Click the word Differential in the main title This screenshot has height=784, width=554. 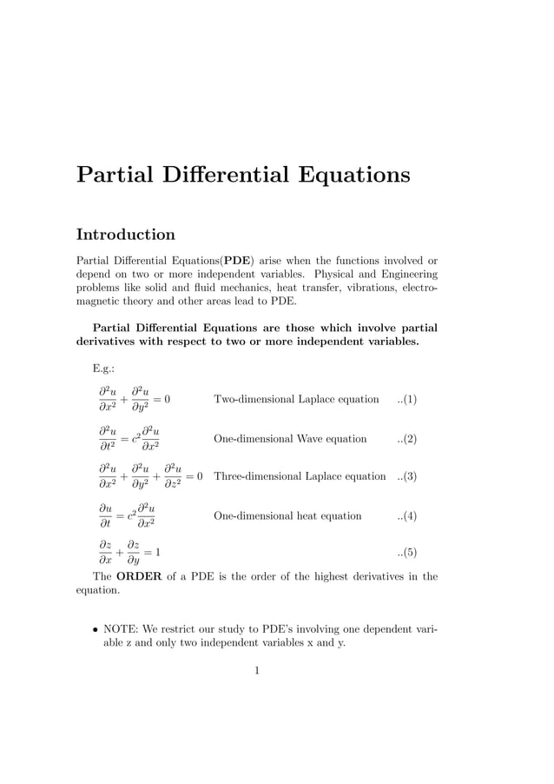[222, 175]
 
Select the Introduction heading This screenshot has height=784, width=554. [126, 235]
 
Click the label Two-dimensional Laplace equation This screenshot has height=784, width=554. [296, 400]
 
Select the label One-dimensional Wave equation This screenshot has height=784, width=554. [290, 439]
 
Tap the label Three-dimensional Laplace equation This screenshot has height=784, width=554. [300, 476]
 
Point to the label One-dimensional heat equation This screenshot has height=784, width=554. [287, 515]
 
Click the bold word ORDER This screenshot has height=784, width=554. [139, 576]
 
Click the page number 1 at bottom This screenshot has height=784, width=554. [257, 670]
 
